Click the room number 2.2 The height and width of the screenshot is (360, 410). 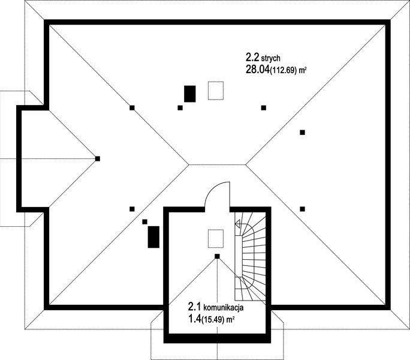252,57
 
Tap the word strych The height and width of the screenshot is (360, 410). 270,58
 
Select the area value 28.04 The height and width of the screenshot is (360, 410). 258,70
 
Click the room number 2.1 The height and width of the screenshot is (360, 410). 195,307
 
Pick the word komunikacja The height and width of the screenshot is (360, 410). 224,307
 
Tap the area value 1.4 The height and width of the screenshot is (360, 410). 195,319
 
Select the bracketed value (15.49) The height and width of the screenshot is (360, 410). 213,320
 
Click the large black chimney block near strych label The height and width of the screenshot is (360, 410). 190,94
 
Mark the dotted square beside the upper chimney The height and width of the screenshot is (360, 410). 216,91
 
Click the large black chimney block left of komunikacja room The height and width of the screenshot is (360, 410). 153,237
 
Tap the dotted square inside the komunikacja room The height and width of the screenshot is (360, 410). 216,239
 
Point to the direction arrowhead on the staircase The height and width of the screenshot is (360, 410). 238,224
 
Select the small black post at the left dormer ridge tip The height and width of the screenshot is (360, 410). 98,158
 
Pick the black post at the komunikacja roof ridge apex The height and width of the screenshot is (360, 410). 217,256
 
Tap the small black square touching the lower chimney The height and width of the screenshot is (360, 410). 144,222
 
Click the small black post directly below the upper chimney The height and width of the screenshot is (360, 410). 180,107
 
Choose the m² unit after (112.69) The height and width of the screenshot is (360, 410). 303,70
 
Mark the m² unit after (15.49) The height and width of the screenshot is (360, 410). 230,319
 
